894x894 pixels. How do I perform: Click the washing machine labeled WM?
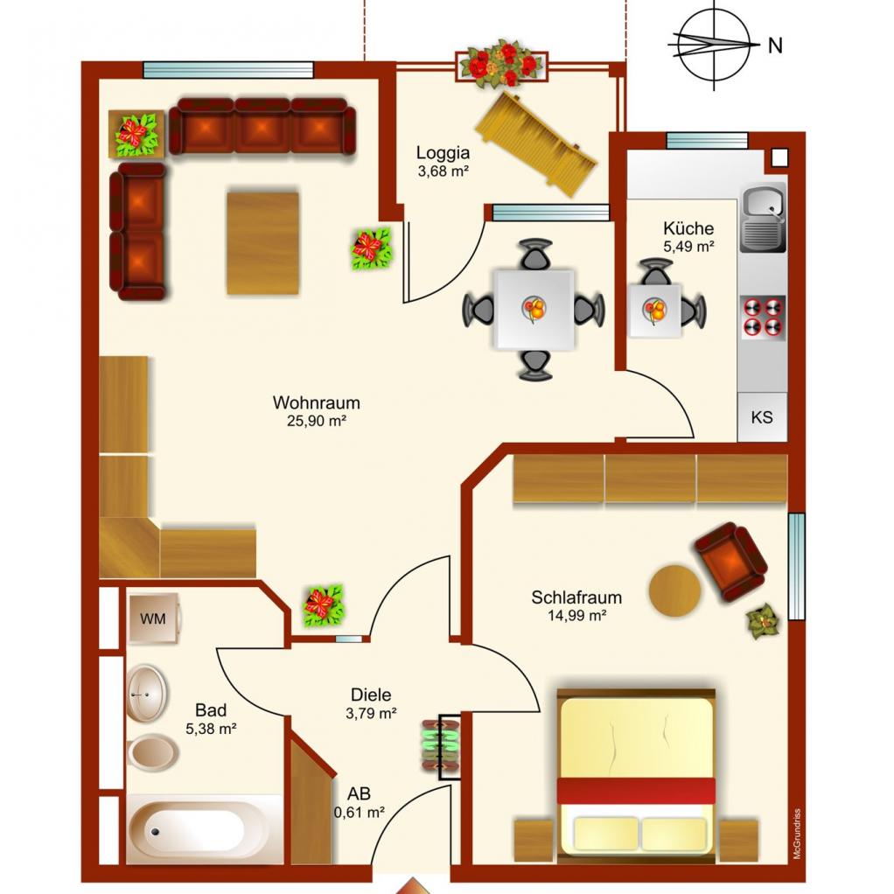pos(154,618)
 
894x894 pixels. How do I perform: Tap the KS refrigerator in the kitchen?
pos(762,416)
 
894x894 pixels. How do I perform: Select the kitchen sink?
pos(763,219)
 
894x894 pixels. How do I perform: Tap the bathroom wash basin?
pos(147,694)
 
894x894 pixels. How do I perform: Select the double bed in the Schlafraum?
pos(636,774)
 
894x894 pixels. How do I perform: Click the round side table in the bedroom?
pos(675,590)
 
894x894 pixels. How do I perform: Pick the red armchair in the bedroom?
pos(730,562)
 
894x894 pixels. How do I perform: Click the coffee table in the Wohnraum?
pos(262,243)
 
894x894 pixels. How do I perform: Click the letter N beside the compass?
pos(775,45)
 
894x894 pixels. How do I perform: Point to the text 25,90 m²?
pos(317,422)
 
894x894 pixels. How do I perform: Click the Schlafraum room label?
pos(576,597)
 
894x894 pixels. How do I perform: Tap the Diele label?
pos(371,695)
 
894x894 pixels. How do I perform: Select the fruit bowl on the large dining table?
pos(534,309)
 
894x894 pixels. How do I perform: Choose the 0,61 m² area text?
pos(360,812)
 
